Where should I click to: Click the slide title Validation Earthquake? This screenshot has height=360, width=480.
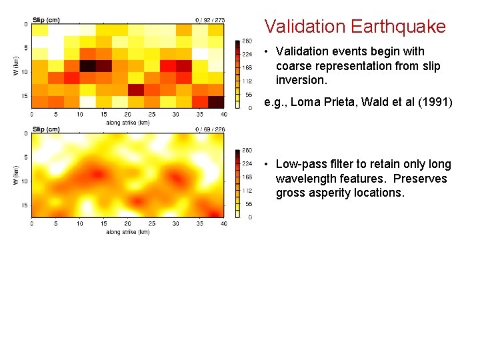(x=355, y=27)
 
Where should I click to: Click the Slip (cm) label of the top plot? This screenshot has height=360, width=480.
(x=46, y=20)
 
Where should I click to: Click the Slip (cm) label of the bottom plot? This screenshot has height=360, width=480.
(x=46, y=129)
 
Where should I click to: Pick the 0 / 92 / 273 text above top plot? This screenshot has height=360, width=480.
(x=210, y=20)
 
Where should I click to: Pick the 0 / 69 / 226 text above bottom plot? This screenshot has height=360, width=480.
(x=210, y=129)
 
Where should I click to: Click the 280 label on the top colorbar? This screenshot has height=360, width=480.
(x=247, y=41)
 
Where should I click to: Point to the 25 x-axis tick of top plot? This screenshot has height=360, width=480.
(x=152, y=114)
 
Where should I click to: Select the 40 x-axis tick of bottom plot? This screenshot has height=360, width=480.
(x=223, y=223)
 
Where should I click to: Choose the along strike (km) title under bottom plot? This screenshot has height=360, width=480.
(x=128, y=232)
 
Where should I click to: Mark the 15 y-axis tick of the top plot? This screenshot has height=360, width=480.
(x=25, y=96)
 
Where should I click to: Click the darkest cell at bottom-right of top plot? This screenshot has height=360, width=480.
(x=216, y=101)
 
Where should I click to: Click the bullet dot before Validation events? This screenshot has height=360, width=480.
(x=266, y=52)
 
